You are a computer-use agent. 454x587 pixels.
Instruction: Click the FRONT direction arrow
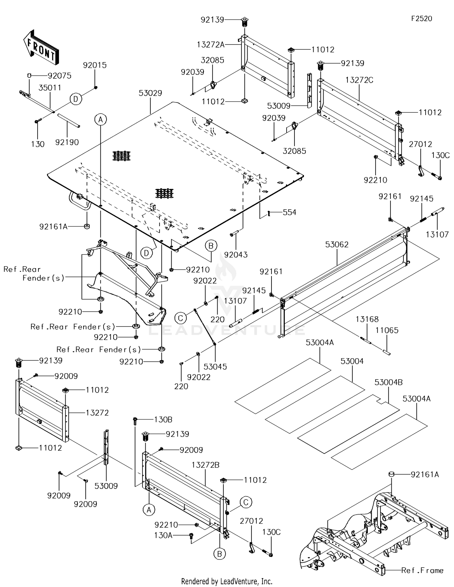41,48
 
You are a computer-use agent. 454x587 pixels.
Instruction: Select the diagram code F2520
421,19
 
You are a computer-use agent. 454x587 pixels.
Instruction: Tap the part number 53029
150,93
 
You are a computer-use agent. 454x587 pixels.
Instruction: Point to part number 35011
50,88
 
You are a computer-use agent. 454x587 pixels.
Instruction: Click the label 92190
67,142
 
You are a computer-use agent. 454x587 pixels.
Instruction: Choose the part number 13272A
211,45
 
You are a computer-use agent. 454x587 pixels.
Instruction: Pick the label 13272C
359,80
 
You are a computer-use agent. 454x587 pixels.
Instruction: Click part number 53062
337,244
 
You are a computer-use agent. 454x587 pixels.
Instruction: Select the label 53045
215,367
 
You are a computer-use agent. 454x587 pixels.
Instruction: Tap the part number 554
289,213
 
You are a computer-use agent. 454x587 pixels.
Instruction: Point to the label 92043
236,255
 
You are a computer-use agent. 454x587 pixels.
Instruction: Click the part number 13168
367,319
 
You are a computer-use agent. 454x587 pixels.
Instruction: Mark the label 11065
387,330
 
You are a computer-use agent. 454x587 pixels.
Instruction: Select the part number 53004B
388,383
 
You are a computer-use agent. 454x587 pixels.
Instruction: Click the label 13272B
206,465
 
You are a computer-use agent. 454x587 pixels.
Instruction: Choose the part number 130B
163,420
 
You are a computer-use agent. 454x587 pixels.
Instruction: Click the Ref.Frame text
422,571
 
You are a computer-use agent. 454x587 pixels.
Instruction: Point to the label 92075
60,76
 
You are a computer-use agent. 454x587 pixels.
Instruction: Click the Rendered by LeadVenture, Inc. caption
227,581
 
